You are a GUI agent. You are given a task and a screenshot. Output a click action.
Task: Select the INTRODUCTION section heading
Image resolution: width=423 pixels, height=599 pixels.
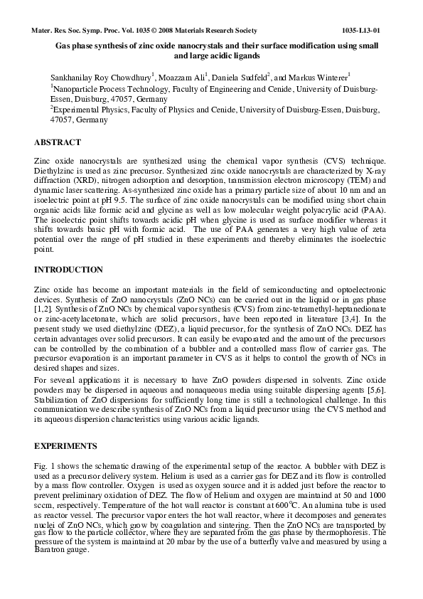(x=68, y=270)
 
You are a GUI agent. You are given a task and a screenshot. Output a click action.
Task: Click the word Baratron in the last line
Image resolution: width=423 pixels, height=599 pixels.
(x=50, y=551)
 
